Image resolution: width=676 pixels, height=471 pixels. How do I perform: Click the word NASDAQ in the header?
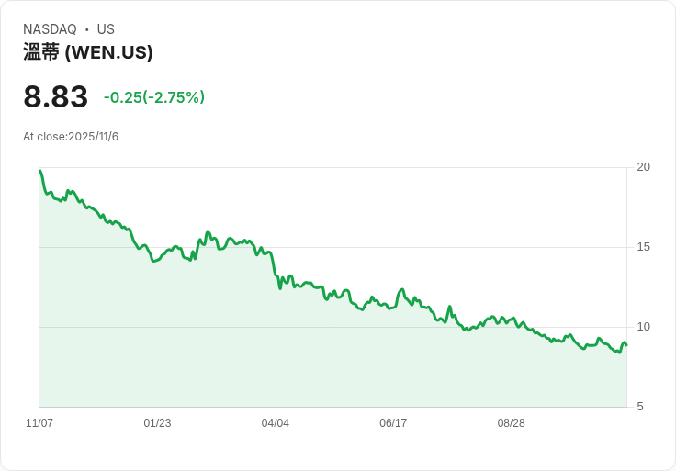point(50,29)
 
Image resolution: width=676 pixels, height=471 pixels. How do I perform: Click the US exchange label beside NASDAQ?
point(106,29)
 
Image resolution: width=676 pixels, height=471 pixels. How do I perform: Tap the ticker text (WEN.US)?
point(109,52)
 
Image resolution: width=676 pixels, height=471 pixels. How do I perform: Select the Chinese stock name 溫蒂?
point(41,52)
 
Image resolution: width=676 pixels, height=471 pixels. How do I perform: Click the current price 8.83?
point(56,97)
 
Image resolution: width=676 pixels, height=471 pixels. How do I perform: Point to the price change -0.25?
point(122,97)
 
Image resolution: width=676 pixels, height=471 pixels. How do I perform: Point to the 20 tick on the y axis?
point(643,167)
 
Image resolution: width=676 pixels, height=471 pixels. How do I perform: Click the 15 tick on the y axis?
point(643,247)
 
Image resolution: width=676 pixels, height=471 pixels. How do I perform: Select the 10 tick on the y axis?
point(643,327)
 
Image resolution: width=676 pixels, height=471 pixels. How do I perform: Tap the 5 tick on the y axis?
point(640,407)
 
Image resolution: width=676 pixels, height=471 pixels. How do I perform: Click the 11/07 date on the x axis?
point(39,423)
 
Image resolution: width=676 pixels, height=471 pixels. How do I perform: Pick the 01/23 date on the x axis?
point(157,423)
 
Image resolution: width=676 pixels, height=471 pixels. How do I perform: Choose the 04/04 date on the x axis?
point(276,423)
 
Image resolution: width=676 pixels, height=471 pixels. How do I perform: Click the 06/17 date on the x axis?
point(393,423)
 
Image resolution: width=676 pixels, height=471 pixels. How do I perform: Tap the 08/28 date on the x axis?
point(511,423)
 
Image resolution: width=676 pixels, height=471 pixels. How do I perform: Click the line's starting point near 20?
point(40,171)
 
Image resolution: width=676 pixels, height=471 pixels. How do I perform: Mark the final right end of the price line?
point(626,345)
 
